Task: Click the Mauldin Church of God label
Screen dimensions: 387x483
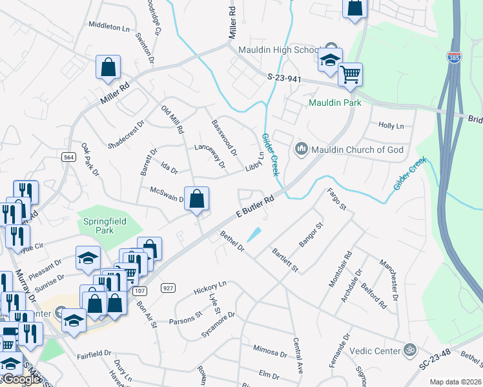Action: [x=358, y=150]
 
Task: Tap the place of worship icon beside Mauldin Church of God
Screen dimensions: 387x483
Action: [x=301, y=150]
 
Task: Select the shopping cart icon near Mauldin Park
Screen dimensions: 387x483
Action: [x=350, y=75]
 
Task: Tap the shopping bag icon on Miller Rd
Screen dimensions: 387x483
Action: [x=108, y=67]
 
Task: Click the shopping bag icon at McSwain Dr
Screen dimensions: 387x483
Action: [x=197, y=199]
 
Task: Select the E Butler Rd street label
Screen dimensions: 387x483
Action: [x=256, y=208]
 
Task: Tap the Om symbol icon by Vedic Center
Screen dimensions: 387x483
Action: [x=408, y=350]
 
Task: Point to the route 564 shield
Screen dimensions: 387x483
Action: [x=68, y=157]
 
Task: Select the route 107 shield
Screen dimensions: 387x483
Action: [x=139, y=291]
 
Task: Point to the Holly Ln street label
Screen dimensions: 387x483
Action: [x=391, y=126]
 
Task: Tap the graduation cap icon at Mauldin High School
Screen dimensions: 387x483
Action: [x=329, y=61]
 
